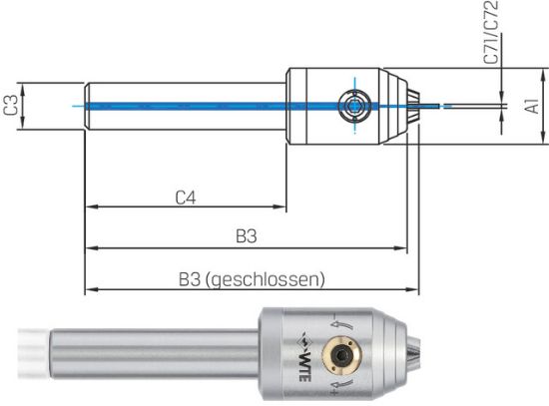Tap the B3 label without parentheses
pos(247,236)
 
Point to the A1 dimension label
pos(534,104)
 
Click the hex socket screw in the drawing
pos(352,104)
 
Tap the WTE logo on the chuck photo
pos(305,351)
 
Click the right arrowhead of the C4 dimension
pos(282,207)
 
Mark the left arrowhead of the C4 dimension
pos(91,207)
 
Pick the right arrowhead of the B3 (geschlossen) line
pos(413,289)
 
